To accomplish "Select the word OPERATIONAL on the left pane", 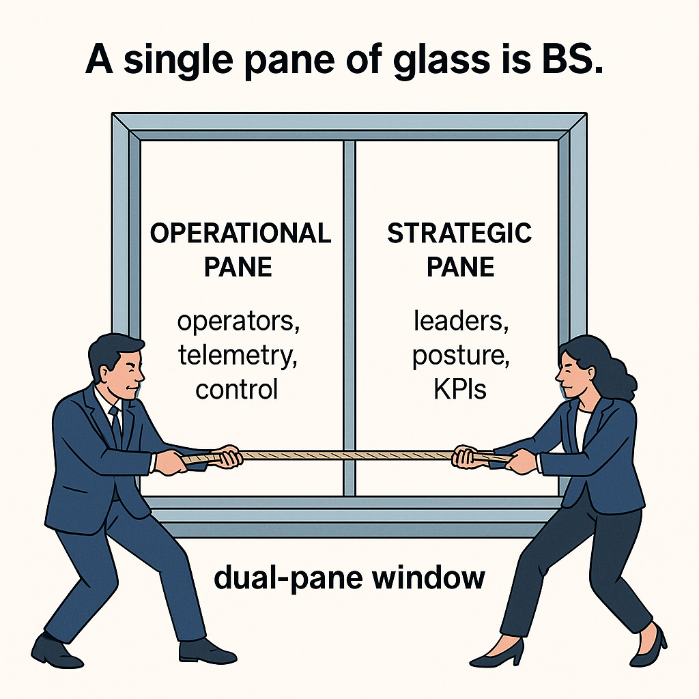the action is tap(240, 233).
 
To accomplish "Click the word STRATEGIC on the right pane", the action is tap(459, 233).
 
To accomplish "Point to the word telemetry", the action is tap(238, 355).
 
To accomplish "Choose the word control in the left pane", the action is tap(236, 389).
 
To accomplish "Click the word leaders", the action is tap(460, 321).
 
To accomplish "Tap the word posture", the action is tap(459, 356).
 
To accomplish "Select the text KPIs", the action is tap(459, 389).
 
